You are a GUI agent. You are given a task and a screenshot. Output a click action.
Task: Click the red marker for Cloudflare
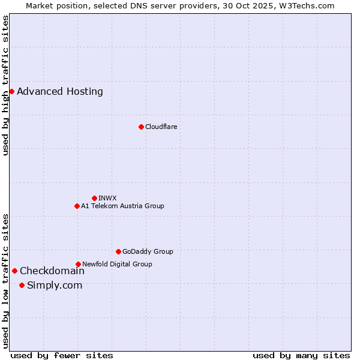click(141, 127)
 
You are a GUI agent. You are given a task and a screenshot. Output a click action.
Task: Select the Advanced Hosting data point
click(11, 91)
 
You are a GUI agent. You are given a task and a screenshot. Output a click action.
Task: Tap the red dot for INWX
click(94, 198)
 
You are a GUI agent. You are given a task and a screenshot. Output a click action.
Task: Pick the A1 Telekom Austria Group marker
click(77, 206)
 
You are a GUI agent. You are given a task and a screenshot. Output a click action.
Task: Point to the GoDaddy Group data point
click(118, 251)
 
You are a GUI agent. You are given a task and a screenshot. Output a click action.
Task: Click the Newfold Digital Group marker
click(78, 264)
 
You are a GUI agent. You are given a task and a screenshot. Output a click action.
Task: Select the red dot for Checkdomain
click(14, 271)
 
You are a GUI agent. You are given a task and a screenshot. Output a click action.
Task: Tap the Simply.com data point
click(22, 285)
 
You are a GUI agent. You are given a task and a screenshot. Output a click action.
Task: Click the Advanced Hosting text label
click(60, 92)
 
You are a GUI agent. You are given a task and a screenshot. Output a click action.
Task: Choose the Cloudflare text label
click(161, 127)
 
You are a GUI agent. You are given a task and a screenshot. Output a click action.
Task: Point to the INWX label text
click(107, 199)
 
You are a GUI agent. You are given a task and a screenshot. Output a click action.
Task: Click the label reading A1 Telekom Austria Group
click(122, 206)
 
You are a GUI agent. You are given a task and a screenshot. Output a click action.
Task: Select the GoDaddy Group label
click(148, 252)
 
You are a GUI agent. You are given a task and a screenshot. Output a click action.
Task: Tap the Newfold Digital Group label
click(117, 265)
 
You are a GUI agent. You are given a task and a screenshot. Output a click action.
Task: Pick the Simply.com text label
click(55, 286)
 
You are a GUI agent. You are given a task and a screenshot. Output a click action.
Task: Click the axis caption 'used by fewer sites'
click(62, 356)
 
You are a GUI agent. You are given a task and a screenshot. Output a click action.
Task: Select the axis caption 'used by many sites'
click(301, 356)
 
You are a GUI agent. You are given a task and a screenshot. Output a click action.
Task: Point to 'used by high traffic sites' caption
click(5, 85)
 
